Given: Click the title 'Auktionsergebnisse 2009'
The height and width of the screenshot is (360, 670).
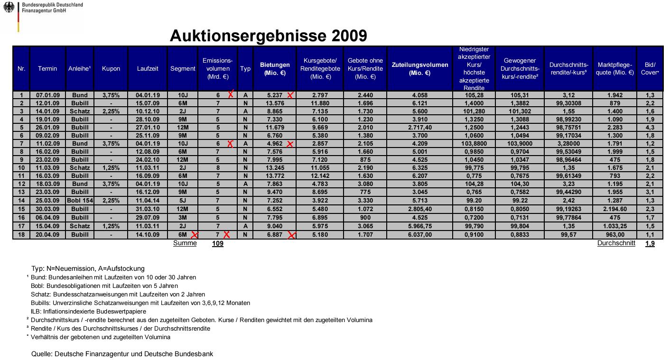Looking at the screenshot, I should (268, 36).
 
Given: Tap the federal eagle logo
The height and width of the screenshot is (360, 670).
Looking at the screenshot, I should (9, 8).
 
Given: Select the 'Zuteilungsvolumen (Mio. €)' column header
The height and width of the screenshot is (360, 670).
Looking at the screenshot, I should (420, 69).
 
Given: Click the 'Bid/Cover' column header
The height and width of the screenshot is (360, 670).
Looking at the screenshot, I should (650, 69).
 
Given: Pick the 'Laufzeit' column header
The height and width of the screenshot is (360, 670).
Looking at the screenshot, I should (148, 69).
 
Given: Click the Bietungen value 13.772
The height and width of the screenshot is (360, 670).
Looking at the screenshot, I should (275, 175).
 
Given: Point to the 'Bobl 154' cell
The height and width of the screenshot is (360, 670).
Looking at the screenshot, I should (80, 201).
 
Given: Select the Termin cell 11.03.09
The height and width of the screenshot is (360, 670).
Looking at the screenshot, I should (47, 167).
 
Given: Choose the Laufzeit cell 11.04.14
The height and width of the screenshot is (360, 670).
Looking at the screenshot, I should (148, 201).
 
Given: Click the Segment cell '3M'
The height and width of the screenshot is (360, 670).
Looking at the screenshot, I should (183, 217).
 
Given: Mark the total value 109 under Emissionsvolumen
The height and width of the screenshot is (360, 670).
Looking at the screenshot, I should (217, 244).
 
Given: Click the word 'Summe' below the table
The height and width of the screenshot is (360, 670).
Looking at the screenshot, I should (185, 243).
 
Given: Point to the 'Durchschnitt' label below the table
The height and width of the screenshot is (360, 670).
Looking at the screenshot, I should (616, 243).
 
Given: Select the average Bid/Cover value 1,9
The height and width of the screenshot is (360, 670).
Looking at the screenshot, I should (650, 244).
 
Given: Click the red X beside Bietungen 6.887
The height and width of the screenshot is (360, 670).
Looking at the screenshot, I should (291, 235).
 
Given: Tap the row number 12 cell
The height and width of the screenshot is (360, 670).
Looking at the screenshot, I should (21, 184).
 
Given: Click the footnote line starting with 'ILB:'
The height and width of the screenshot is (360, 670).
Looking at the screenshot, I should (88, 312).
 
